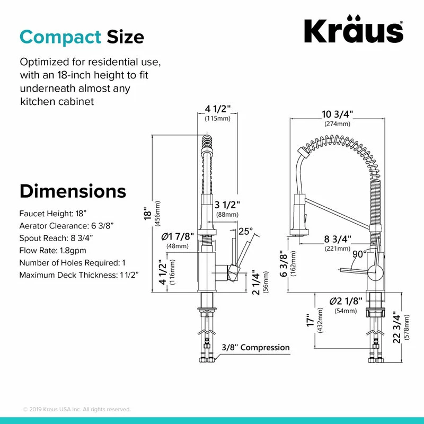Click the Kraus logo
[354, 32]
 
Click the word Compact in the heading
[60, 37]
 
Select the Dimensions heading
[73, 191]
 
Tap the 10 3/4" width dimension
[337, 114]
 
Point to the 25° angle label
[246, 231]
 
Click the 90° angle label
[359, 254]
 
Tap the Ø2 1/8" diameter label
[346, 301]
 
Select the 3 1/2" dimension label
[228, 205]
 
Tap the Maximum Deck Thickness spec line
[75, 275]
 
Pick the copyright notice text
[77, 409]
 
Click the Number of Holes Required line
[73, 263]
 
